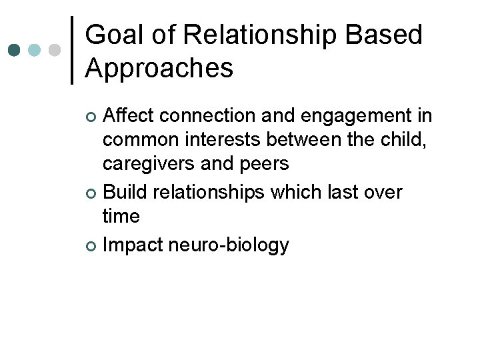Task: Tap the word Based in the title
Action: click(x=385, y=35)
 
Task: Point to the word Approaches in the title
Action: click(x=159, y=67)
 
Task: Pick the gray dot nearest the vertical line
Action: click(x=55, y=50)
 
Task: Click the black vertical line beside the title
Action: click(x=72, y=50)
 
